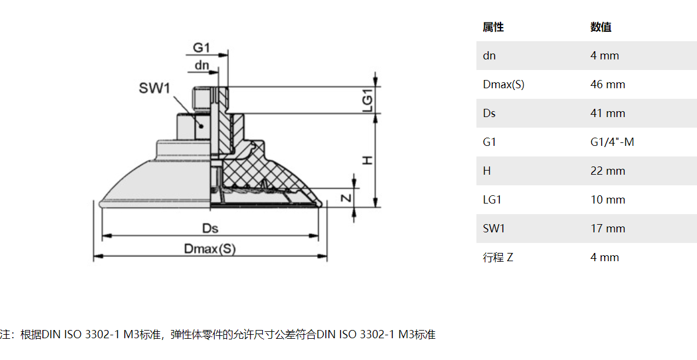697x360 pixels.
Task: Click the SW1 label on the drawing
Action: coord(155,89)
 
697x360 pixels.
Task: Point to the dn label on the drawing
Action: coord(202,65)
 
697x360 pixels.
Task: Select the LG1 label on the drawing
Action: coord(368,100)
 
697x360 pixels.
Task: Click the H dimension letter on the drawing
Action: coord(368,160)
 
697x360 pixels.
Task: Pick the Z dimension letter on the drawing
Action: coord(347,198)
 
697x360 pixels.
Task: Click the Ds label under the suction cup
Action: coord(210,228)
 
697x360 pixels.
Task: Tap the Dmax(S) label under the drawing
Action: coord(209,249)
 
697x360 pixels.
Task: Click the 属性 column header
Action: coord(493,27)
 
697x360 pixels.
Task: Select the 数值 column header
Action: coord(601,27)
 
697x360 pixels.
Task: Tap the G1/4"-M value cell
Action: coord(612,142)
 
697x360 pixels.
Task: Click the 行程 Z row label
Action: coord(498,258)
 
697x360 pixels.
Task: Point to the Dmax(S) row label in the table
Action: coord(503,85)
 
